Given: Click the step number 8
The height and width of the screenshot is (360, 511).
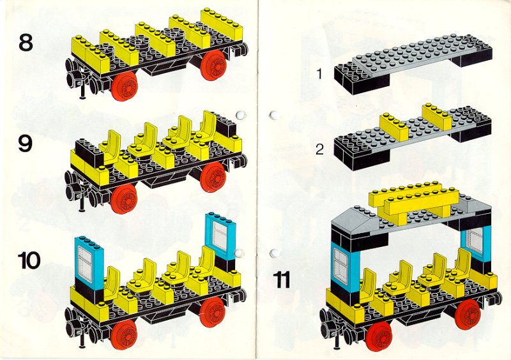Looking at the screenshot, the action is point(26,43).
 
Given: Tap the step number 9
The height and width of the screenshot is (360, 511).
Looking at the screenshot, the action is point(26,144).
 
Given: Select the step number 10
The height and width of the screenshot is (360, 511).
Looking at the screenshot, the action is point(29,260).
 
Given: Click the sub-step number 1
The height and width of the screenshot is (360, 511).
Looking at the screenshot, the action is point(319,73).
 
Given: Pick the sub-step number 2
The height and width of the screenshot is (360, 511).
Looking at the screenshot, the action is point(320,149).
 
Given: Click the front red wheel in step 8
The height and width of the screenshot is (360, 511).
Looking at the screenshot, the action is point(124,86).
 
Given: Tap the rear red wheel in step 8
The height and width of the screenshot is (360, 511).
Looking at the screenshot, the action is point(213,65).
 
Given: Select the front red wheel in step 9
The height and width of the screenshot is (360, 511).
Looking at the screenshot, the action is point(123,199).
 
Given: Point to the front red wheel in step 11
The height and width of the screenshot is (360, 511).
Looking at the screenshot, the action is point(378,336).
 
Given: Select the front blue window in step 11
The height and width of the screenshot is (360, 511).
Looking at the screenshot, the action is point(345,267).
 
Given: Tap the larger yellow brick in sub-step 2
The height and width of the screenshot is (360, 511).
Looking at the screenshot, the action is point(437,116).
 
